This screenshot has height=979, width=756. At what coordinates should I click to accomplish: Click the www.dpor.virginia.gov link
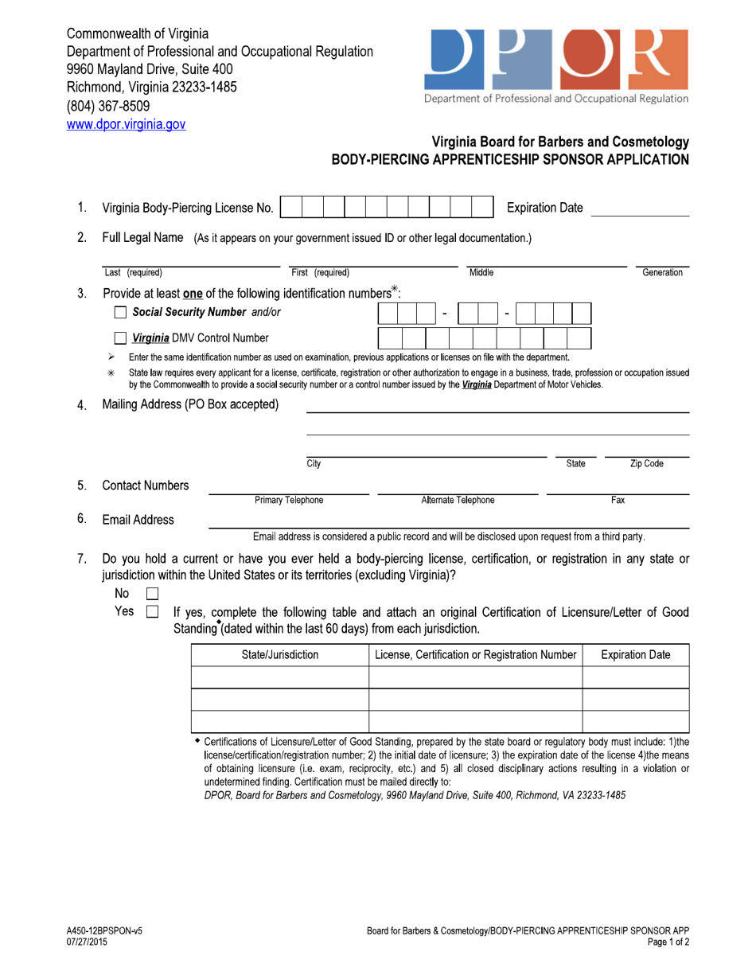126,124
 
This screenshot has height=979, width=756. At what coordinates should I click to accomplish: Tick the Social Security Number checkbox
121,312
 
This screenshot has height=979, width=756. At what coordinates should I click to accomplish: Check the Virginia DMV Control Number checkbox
121,338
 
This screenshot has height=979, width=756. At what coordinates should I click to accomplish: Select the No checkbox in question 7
153,594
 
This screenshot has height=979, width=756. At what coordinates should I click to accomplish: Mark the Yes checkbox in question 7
153,613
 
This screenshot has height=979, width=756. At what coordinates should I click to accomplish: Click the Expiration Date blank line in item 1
640,209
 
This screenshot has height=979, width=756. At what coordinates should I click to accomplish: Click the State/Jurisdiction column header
279,655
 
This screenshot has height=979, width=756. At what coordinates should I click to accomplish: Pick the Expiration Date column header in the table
635,655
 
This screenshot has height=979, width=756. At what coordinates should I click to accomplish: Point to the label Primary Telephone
289,500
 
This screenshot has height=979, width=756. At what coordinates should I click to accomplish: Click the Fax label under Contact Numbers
618,500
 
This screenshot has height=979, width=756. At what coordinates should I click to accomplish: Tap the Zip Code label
646,463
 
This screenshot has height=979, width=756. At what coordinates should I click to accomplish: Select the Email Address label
138,520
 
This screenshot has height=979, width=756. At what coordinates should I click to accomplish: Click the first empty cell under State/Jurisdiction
279,677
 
